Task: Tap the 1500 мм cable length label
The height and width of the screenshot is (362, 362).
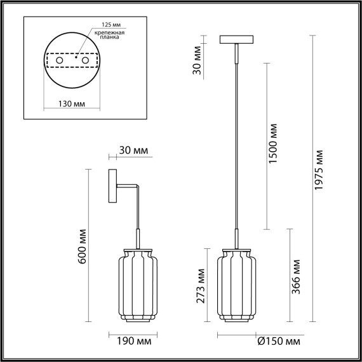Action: pos(274,144)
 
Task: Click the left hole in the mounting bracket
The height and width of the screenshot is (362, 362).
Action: pos(60,60)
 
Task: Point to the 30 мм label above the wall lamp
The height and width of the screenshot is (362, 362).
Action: pos(133,151)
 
